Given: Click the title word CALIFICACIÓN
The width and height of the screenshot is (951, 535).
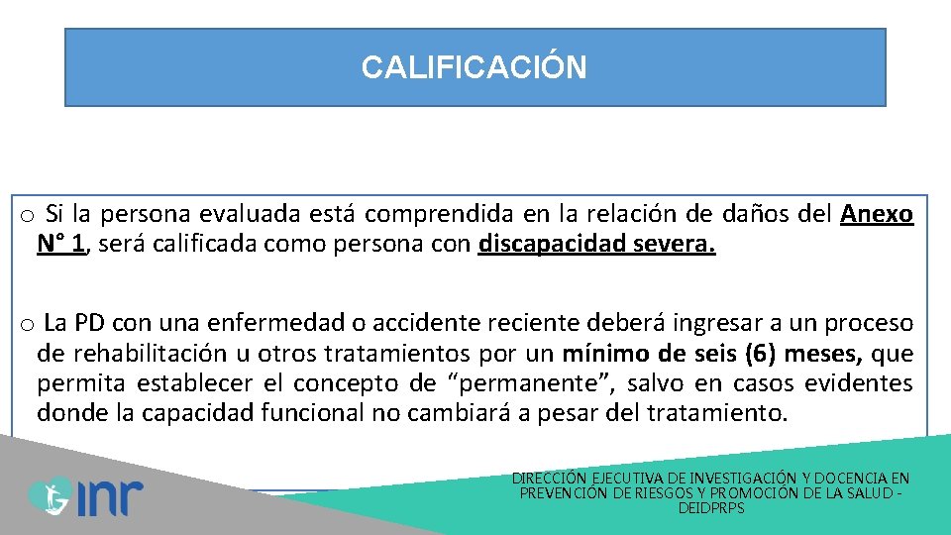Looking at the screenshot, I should coord(474,67).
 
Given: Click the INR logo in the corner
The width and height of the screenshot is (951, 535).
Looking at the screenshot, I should coord(86,496).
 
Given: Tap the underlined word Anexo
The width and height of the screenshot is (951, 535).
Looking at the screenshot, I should coord(877,214).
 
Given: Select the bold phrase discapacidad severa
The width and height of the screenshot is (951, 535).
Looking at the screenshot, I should coord(596,244).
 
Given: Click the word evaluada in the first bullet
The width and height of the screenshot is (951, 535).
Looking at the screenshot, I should coord(244,214).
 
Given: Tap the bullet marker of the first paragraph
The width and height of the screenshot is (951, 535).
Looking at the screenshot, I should coord(27,216).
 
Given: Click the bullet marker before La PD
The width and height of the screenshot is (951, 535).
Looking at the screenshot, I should coord(27,325).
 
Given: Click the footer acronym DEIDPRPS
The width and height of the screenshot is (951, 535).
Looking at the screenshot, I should coord(711,508).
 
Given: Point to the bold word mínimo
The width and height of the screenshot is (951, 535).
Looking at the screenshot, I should coord(605,354).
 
